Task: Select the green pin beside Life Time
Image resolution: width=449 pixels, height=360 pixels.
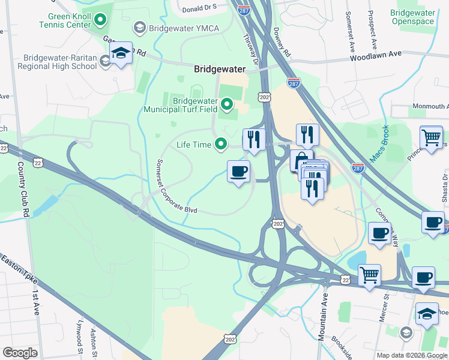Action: point(221,144)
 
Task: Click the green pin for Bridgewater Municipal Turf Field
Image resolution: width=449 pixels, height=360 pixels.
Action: point(226,106)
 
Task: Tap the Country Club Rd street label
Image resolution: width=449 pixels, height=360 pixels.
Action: point(23,189)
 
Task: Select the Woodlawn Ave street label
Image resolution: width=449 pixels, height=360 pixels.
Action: point(377,54)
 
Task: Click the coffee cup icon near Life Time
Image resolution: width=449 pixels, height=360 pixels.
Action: point(238,172)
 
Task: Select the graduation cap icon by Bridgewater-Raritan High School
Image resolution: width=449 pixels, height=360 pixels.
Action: point(121,55)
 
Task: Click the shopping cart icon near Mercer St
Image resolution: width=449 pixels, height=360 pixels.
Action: point(370,275)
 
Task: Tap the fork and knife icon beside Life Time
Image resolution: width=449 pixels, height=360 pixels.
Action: point(254,139)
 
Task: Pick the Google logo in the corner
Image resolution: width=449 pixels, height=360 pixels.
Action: point(20,353)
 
